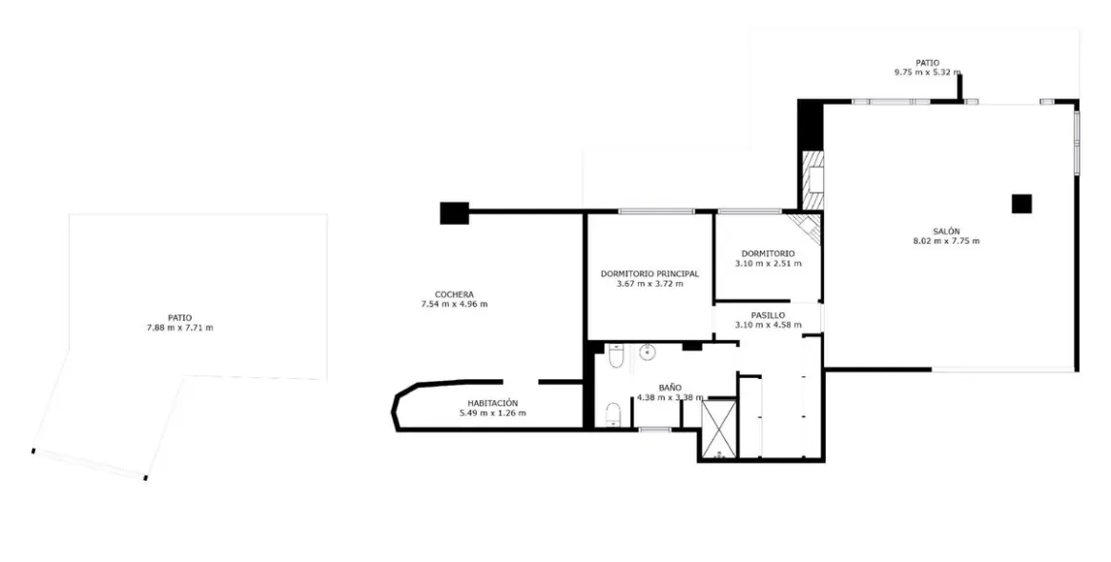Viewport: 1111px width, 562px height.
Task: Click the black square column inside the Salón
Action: pyautogui.click(x=1021, y=203)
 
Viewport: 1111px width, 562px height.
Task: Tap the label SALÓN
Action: pyautogui.click(x=946, y=231)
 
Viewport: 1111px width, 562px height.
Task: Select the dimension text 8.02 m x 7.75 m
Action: pyautogui.click(x=946, y=241)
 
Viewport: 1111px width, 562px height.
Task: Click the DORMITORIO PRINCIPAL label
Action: pyautogui.click(x=649, y=273)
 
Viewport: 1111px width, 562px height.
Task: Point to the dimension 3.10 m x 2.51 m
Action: pyautogui.click(x=768, y=264)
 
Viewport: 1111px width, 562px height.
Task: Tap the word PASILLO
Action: pyautogui.click(x=768, y=314)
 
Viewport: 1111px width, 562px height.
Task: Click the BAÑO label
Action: pyautogui.click(x=669, y=388)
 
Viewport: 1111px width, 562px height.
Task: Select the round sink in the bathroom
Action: pyautogui.click(x=648, y=353)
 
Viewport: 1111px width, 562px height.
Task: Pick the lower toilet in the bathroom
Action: pyautogui.click(x=614, y=413)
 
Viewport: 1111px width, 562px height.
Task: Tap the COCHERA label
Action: pyautogui.click(x=454, y=294)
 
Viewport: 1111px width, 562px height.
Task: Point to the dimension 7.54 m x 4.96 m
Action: pyautogui.click(x=454, y=305)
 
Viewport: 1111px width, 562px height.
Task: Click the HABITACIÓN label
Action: pyautogui.click(x=492, y=403)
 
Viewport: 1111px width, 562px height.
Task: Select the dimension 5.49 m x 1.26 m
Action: pyautogui.click(x=492, y=413)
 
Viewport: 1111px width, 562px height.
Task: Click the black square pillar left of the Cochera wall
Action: pyautogui.click(x=455, y=212)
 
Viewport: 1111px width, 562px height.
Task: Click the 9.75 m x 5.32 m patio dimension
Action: pyautogui.click(x=927, y=72)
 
